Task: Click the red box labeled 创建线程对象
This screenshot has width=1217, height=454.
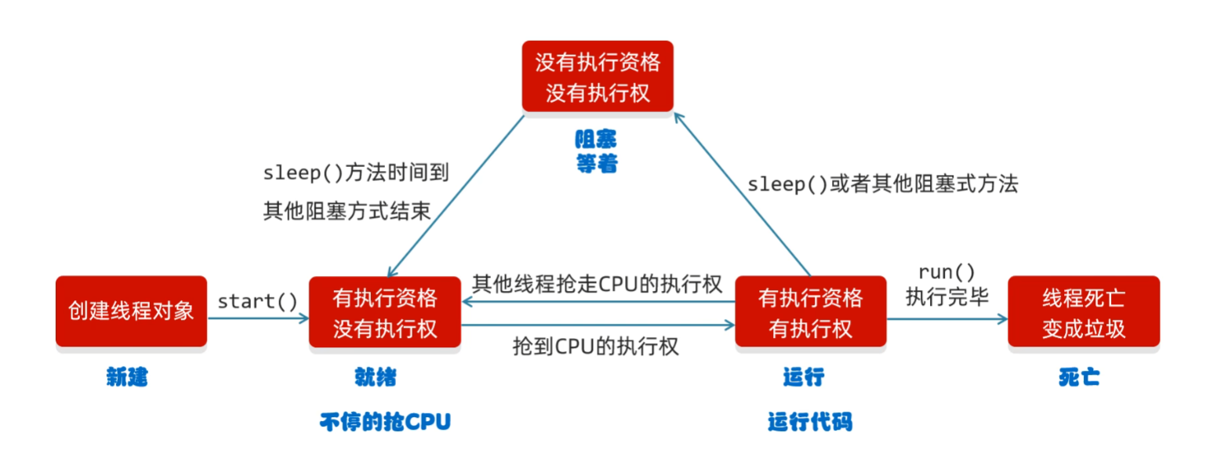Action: coord(131,311)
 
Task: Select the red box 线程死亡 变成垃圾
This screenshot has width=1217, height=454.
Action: coord(1084,311)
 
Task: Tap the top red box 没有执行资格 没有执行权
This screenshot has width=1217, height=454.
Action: coord(598,76)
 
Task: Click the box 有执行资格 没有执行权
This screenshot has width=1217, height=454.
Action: coord(385,311)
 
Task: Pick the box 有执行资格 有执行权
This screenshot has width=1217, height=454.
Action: coord(810,311)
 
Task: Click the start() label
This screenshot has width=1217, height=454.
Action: coord(257,301)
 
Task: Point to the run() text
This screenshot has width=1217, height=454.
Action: coord(947,272)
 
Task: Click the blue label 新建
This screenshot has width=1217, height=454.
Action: coord(128,378)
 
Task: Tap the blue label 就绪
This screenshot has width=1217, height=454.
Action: coord(376,378)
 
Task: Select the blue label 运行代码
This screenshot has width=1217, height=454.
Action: coord(809,422)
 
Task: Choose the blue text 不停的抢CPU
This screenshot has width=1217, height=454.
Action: coord(385,422)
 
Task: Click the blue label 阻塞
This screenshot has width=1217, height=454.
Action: coord(596,140)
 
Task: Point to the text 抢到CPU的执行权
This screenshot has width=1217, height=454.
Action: coord(595,346)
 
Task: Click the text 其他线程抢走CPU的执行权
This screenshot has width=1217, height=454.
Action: coord(597,283)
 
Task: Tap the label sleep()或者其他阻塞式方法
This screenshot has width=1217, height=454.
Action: coord(882,184)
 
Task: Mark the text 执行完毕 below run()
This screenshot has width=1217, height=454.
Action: coord(947,296)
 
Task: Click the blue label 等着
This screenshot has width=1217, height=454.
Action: coord(596,164)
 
